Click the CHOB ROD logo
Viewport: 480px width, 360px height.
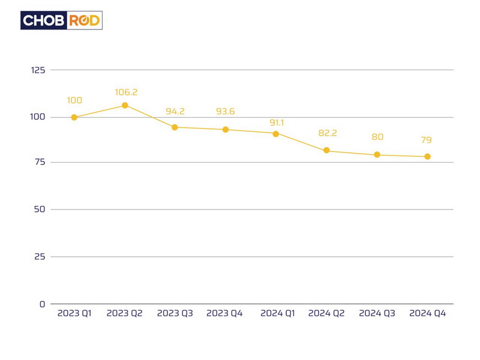(x=61, y=20)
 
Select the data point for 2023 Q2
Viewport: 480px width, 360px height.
(x=125, y=106)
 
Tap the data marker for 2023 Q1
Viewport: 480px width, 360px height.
(x=74, y=118)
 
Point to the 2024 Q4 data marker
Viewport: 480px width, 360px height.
(x=428, y=157)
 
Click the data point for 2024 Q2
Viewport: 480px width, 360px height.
(x=326, y=151)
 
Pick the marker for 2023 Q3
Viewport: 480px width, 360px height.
(x=175, y=127)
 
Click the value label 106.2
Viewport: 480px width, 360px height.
(x=126, y=92)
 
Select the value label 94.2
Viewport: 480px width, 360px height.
(x=175, y=112)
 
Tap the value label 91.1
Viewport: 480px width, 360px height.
(x=277, y=123)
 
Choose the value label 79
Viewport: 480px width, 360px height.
(x=426, y=140)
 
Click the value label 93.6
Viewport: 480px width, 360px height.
(x=226, y=112)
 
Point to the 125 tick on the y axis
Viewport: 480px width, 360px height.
(x=38, y=70)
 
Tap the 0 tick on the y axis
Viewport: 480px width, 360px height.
(x=43, y=304)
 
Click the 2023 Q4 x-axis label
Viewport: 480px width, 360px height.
(x=224, y=314)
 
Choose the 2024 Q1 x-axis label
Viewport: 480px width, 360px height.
(x=278, y=314)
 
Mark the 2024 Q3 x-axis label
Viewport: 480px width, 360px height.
(x=377, y=314)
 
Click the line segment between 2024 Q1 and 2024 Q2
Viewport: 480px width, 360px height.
(x=301, y=142)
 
